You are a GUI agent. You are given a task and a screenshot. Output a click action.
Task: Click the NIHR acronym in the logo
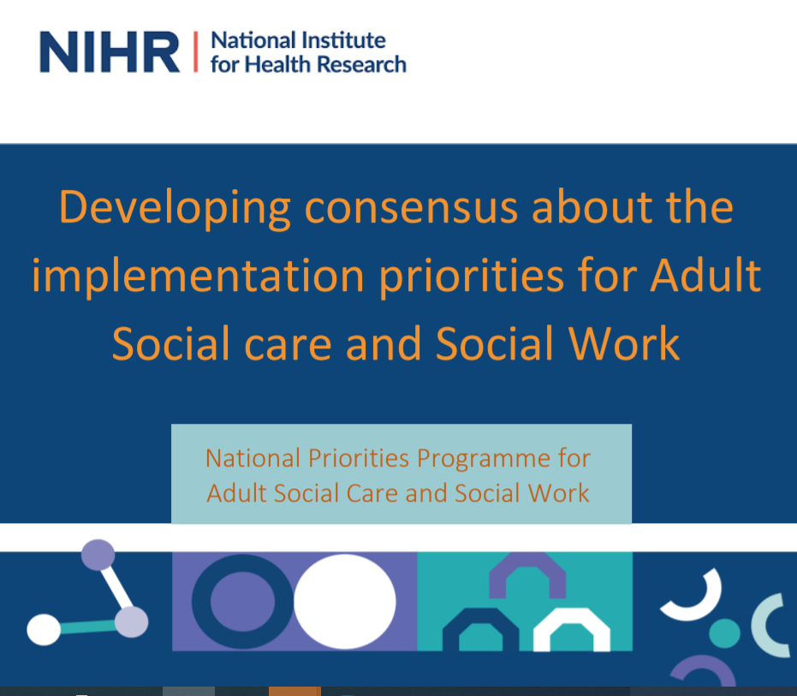click(x=110, y=52)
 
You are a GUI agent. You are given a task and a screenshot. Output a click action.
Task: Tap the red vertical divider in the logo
click(x=196, y=52)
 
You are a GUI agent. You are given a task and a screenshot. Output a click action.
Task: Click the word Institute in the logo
click(x=343, y=41)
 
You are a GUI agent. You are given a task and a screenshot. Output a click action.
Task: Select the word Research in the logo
click(x=362, y=64)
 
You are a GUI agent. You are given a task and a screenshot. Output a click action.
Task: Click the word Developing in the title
click(x=175, y=208)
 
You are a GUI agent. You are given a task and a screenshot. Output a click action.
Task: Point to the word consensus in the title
click(x=411, y=208)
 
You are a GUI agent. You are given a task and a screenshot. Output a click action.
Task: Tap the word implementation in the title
click(x=199, y=277)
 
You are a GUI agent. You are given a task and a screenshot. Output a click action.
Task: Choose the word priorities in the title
click(x=472, y=277)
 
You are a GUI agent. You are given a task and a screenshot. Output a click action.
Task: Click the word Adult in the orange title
click(x=705, y=275)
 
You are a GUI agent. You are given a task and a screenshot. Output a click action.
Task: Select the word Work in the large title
click(x=624, y=343)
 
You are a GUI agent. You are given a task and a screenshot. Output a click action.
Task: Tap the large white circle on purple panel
click(x=345, y=602)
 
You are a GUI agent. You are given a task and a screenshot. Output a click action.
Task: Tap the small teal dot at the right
click(x=724, y=634)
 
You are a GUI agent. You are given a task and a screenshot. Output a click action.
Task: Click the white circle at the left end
click(x=44, y=630)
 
